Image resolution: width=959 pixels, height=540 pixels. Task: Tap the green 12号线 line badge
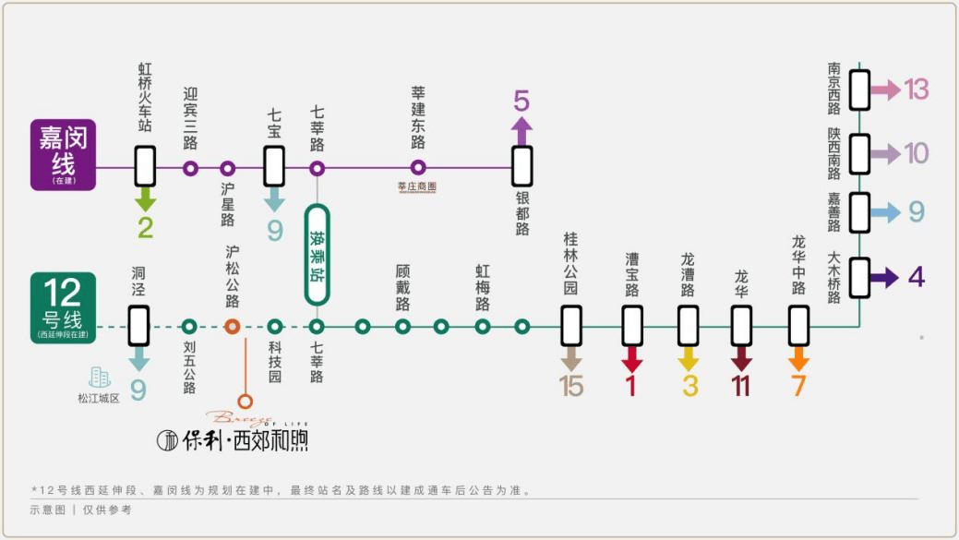click(x=63, y=307)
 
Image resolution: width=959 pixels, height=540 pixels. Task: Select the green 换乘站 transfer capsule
click(x=317, y=254)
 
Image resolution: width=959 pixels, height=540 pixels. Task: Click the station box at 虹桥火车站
click(x=145, y=168)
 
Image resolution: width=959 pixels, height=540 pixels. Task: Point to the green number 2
click(x=145, y=227)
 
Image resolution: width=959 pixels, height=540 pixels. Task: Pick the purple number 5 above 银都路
click(x=522, y=100)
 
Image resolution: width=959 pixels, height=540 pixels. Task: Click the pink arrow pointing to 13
click(x=886, y=90)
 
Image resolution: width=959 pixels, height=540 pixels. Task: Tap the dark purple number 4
click(x=916, y=277)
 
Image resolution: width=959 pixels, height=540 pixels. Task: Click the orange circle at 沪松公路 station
click(x=233, y=326)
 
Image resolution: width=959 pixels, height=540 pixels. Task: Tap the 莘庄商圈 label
click(x=416, y=186)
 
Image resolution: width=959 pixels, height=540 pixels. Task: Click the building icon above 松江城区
click(x=99, y=377)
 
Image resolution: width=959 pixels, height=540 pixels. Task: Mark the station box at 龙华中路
click(x=799, y=326)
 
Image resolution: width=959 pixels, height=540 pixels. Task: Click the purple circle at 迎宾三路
click(x=190, y=168)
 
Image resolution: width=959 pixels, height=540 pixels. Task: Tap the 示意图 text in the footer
click(x=47, y=510)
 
